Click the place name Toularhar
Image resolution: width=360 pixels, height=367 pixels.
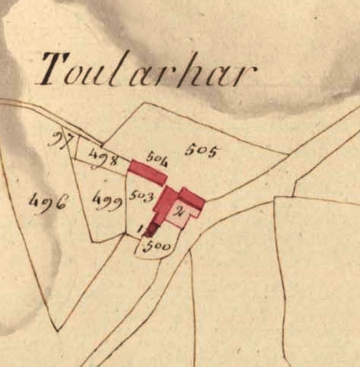(148, 70)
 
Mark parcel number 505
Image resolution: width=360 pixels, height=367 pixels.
(201, 151)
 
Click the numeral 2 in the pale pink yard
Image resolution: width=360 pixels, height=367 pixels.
(179, 210)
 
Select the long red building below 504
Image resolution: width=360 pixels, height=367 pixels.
(146, 171)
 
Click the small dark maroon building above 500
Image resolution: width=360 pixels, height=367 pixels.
(151, 229)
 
